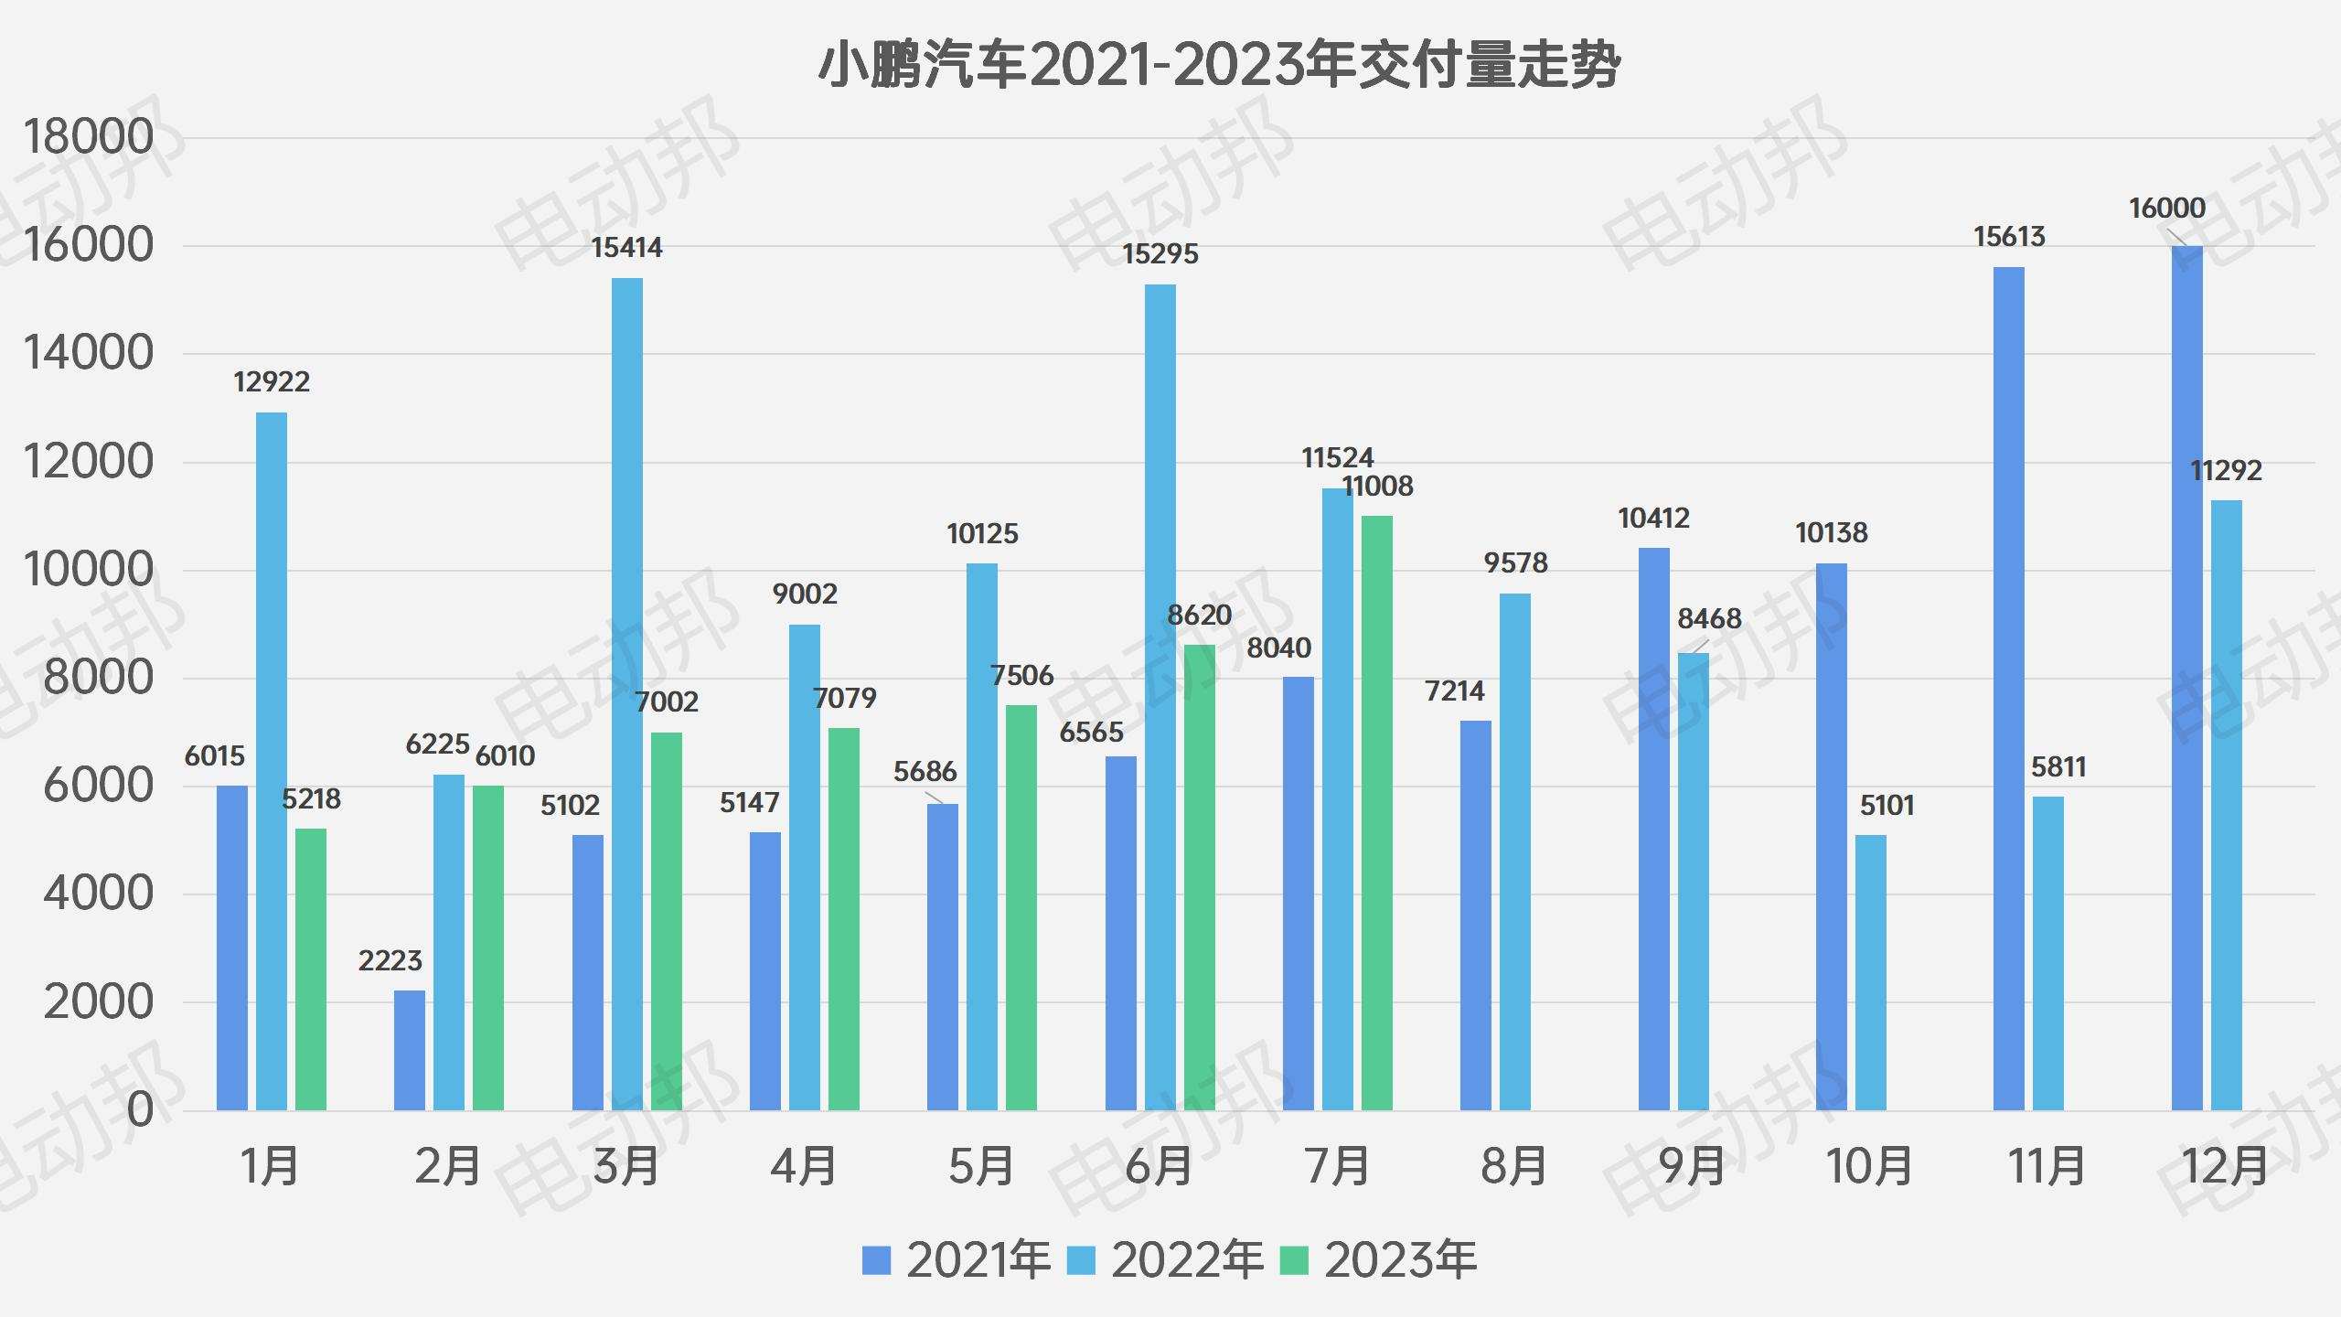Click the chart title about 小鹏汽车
tap(1218, 66)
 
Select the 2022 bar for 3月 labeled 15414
tap(626, 695)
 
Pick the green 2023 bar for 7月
tap(1376, 814)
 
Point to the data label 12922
tap(272, 382)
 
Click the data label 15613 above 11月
tap(2008, 238)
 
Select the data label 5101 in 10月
tap(1887, 806)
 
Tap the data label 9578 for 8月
tap(1515, 563)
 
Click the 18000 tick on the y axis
tap(89, 138)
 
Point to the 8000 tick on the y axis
tap(99, 679)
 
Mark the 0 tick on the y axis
tap(140, 1110)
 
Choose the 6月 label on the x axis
tap(1159, 1167)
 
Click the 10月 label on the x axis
tap(1869, 1167)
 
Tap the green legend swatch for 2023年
tap(1293, 1261)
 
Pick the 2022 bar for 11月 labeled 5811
tap(2047, 953)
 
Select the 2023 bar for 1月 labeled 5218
tap(311, 969)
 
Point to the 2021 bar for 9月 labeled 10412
tap(1653, 829)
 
